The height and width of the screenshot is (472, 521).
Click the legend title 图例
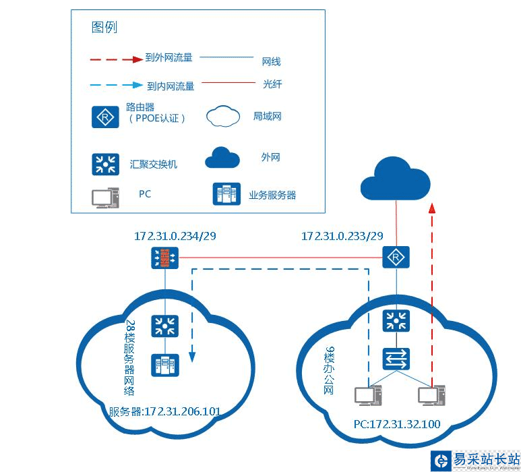point(104,28)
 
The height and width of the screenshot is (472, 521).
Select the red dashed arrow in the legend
point(115,59)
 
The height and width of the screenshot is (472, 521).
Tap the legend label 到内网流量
point(171,86)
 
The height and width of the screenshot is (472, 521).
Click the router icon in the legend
point(105,117)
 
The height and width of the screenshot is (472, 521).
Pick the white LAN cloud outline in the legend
point(223,117)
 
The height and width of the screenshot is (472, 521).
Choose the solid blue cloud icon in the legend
point(223,157)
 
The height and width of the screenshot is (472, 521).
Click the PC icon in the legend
point(105,196)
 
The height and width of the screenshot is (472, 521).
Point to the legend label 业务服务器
point(272,195)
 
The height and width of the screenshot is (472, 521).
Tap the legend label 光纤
point(272,85)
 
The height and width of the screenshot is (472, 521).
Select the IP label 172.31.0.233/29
point(342,237)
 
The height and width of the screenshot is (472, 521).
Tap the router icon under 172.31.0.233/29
point(396,257)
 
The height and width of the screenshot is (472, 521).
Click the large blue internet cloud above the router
point(396,178)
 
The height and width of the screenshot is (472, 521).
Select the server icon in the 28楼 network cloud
point(165,366)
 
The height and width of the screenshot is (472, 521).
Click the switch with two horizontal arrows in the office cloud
point(396,357)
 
